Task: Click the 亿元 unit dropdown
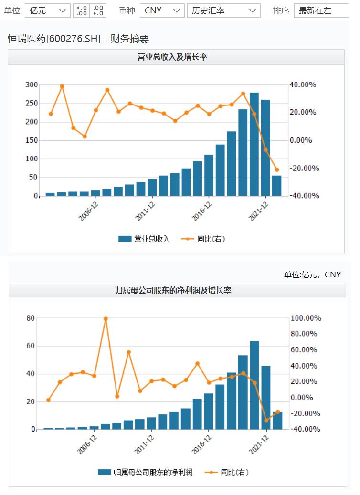click(x=47, y=11)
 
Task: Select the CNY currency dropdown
click(x=162, y=11)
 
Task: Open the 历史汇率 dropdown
click(x=223, y=11)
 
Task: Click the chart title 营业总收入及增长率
click(x=176, y=57)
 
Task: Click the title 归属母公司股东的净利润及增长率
click(x=176, y=290)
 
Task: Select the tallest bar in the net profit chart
click(x=254, y=385)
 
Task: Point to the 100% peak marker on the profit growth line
click(x=106, y=318)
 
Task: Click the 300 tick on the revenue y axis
click(x=32, y=85)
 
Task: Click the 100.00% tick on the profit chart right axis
click(x=307, y=318)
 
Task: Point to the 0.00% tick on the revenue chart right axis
click(x=302, y=140)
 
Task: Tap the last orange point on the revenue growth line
click(x=276, y=169)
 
